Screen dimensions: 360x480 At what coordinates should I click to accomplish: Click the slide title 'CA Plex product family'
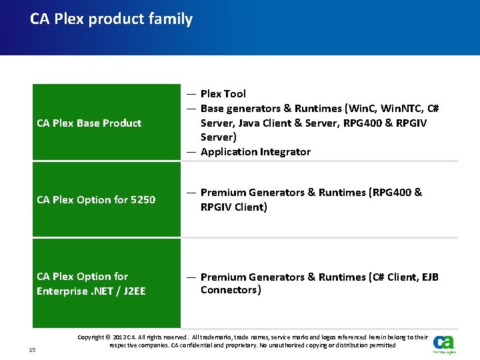(111, 19)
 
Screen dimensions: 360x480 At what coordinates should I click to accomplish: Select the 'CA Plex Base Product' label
(89, 123)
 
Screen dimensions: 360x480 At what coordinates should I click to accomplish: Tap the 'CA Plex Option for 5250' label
(96, 199)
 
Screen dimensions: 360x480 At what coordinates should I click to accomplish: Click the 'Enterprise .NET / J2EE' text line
(91, 291)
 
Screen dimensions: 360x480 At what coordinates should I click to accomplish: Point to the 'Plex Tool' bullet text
(223, 94)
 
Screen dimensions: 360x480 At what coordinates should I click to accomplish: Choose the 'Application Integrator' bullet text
(255, 152)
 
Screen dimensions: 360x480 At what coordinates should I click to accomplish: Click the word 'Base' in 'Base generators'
(212, 109)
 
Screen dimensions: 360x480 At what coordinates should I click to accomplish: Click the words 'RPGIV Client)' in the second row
(234, 207)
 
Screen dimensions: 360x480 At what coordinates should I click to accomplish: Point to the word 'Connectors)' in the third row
(231, 290)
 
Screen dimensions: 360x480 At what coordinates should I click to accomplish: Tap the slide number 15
(33, 350)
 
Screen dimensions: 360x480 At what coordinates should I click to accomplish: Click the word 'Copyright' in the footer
(91, 337)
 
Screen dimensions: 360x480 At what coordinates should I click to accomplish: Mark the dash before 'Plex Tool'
(191, 94)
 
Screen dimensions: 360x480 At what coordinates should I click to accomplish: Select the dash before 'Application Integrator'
(191, 152)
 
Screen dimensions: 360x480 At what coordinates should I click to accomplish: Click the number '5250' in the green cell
(143, 199)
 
